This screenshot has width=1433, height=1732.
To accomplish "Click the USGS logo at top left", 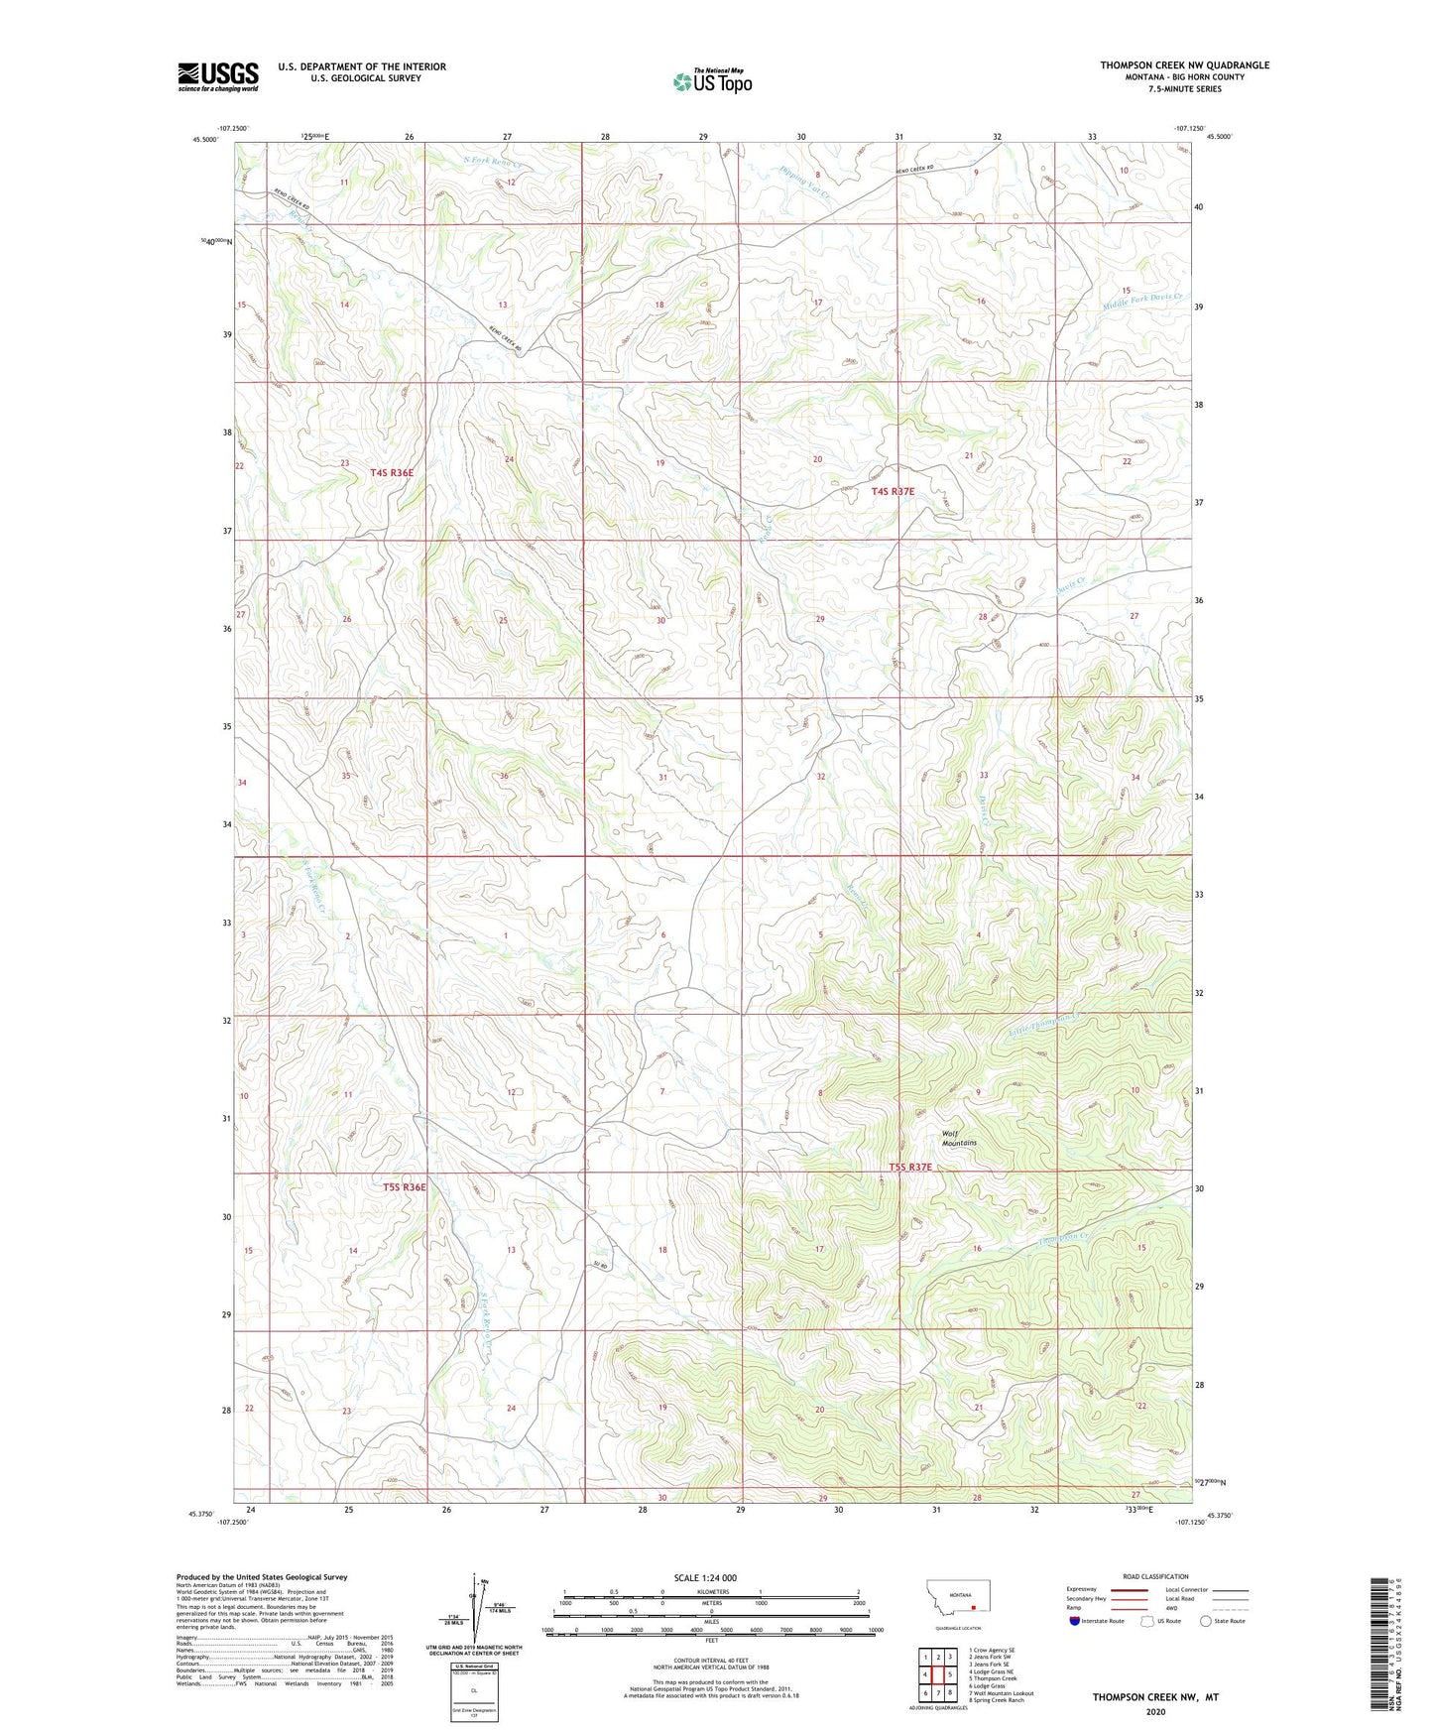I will [218, 75].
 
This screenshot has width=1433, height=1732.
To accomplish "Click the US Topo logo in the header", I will [712, 80].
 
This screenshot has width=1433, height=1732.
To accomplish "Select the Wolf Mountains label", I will [959, 1138].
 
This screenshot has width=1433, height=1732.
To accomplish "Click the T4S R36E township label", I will [392, 473].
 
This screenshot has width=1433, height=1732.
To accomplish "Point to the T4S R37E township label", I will [893, 491].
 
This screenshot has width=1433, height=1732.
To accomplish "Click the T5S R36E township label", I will [405, 1186].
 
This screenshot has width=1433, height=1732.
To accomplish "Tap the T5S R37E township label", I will [910, 1168].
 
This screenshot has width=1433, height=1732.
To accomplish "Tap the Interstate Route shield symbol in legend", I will [1076, 1621].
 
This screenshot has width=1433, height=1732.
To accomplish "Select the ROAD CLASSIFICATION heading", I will [1156, 1576].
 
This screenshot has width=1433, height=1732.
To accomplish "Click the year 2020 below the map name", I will [1155, 1711].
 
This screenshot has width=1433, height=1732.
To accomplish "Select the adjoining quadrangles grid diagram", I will [937, 1671].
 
